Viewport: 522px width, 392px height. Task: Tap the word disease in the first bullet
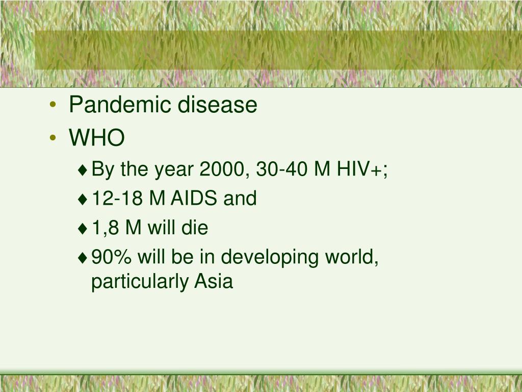click(217, 105)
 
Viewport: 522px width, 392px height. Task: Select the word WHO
click(97, 137)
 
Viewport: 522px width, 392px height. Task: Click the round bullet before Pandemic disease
click(54, 106)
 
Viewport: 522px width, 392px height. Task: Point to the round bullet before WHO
click(54, 138)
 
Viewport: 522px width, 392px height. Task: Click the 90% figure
click(112, 257)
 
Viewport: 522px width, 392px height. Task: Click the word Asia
click(213, 281)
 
